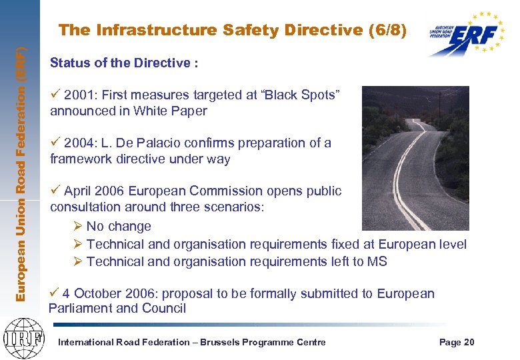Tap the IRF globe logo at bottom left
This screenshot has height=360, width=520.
pos(22,336)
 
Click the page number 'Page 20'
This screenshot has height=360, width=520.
pos(457,342)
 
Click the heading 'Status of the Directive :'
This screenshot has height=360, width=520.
pos(124,63)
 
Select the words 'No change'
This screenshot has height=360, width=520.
pos(119,227)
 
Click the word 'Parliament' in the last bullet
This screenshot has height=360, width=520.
pos(81,308)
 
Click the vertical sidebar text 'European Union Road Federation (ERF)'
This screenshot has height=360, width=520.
pos(21,173)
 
